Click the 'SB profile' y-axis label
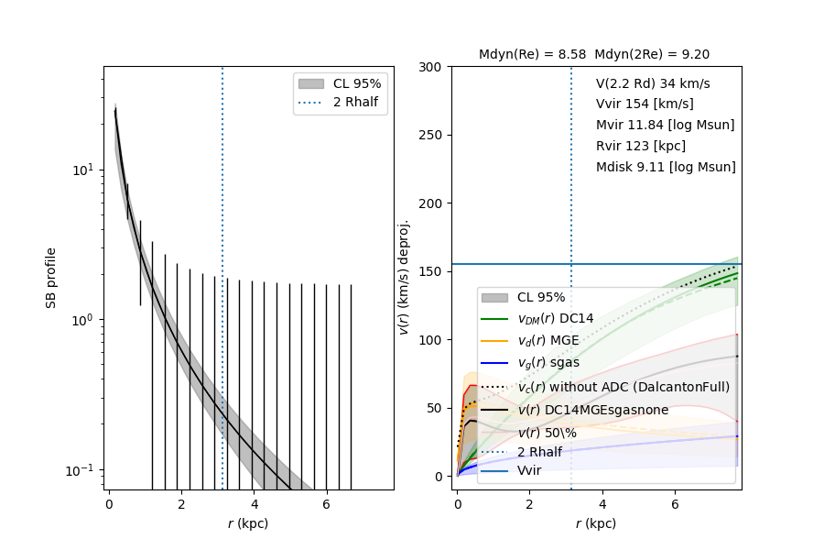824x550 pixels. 52,277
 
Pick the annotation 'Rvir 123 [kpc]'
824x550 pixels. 641,146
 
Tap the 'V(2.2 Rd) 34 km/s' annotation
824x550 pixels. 653,83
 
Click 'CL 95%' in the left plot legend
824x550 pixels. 356,83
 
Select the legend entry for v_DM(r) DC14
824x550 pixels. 555,318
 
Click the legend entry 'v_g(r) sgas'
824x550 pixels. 548,363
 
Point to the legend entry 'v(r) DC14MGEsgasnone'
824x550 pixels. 593,410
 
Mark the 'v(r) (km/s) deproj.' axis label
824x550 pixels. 404,277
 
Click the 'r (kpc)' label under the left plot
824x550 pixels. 248,523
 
